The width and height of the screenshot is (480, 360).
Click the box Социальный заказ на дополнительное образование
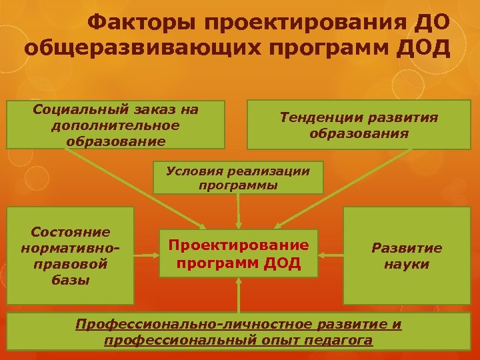[x=115, y=124]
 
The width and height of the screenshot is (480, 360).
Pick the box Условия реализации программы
[x=238, y=178]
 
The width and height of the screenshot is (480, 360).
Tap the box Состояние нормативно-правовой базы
[x=70, y=255]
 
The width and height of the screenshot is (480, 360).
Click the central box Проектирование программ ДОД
[x=239, y=255]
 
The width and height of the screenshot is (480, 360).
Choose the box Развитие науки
[x=407, y=256]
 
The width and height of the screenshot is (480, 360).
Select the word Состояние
[x=70, y=232]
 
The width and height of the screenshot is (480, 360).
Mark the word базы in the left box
[x=70, y=279]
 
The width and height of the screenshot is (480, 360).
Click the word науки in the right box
[x=407, y=264]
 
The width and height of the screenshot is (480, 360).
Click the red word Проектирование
[x=239, y=245]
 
